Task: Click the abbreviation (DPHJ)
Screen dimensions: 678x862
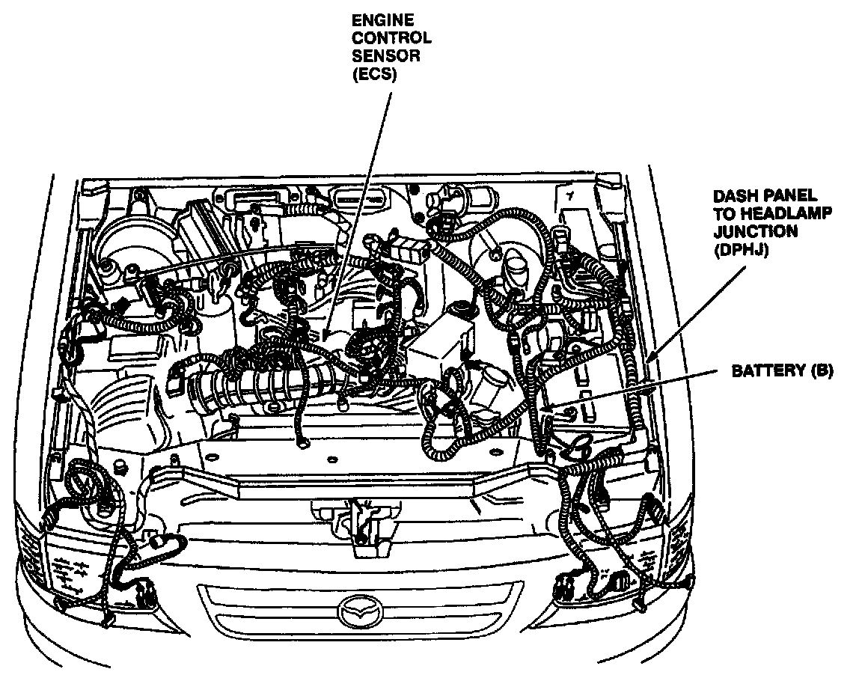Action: pyautogui.click(x=739, y=251)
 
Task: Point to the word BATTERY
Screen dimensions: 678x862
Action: pyautogui.click(x=759, y=371)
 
